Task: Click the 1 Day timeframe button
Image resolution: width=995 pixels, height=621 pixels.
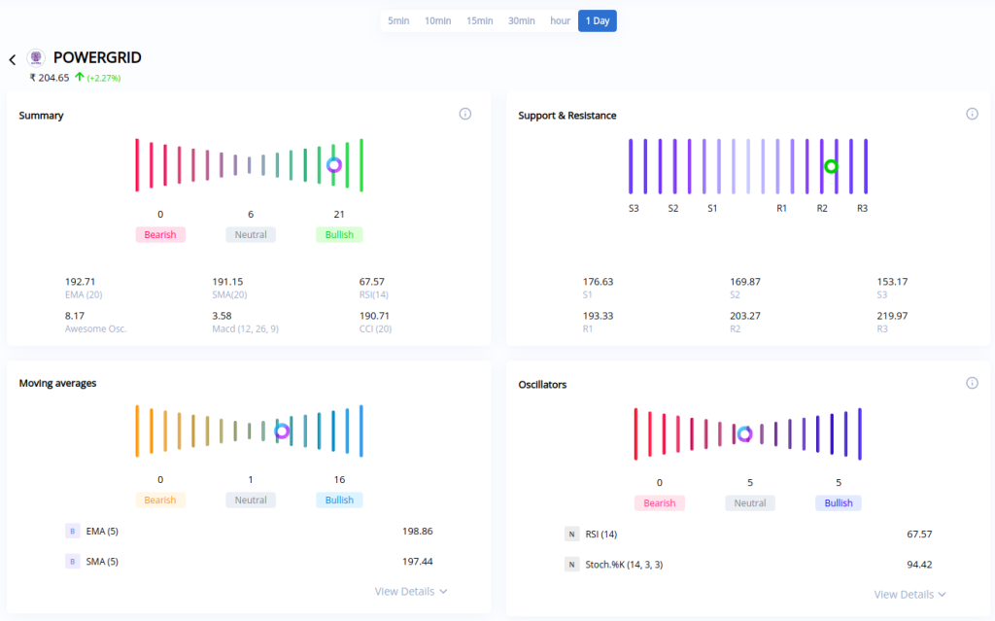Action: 597,20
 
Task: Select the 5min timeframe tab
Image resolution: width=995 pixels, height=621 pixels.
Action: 398,20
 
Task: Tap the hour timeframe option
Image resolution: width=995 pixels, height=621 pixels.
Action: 560,20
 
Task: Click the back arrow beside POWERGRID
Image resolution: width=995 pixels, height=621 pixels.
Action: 13,59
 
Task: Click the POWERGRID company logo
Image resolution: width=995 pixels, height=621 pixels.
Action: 36,58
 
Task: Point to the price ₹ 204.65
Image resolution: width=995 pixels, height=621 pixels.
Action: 49,78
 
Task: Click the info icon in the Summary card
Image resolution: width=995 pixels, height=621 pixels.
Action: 464,114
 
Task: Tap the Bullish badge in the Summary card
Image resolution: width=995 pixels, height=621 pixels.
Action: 339,234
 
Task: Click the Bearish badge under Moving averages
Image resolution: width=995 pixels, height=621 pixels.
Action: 160,500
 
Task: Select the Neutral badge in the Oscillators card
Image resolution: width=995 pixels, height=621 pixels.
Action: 749,503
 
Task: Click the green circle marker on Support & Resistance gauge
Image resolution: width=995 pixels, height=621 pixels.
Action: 831,166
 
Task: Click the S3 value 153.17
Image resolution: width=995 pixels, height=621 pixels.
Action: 892,282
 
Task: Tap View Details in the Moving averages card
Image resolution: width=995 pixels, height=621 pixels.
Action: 411,591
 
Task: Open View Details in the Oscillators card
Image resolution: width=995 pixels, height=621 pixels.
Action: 909,594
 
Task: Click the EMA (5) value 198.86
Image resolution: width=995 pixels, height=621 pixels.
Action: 417,532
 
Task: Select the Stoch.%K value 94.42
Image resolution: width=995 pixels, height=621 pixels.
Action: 918,565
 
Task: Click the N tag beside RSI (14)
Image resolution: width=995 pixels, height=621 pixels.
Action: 571,534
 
